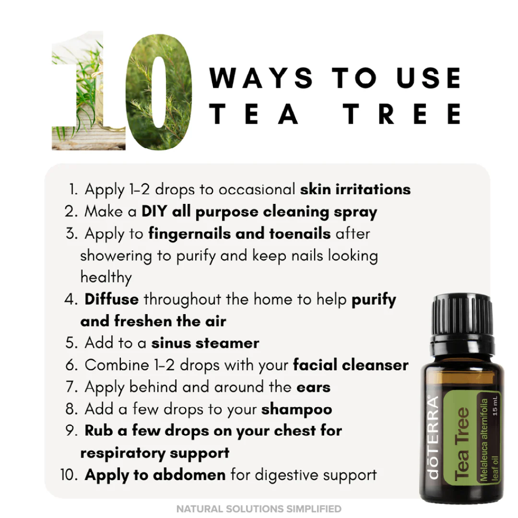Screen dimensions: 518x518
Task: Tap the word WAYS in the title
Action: point(261,78)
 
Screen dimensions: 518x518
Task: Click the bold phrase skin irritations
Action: point(355,189)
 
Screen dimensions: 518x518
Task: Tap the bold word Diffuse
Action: point(112,300)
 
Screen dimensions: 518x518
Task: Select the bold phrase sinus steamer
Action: point(205,343)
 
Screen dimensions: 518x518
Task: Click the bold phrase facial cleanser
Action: point(351,365)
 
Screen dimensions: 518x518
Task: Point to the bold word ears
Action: point(314,387)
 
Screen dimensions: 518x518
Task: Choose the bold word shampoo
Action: point(296,409)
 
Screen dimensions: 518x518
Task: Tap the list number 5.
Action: point(71,343)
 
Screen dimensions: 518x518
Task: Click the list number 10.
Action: point(69,475)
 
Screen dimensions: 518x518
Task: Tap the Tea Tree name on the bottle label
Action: point(461,444)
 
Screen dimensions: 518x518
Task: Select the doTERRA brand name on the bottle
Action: point(433,436)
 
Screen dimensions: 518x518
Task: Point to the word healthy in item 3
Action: point(106,277)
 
